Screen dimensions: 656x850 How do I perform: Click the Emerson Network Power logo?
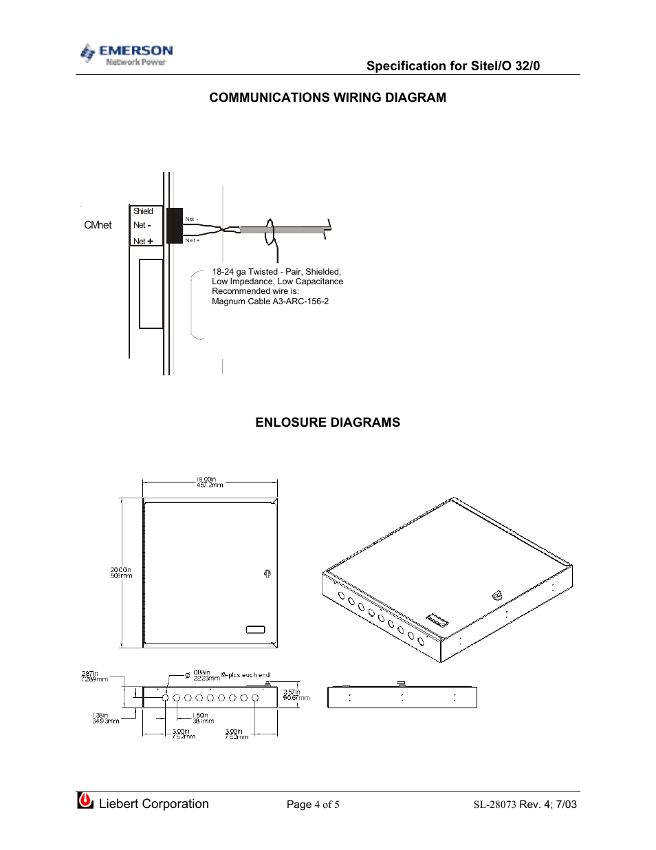point(127,54)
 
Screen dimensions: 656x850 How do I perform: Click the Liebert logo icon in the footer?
point(85,800)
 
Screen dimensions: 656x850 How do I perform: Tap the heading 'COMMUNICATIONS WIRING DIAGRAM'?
point(327,98)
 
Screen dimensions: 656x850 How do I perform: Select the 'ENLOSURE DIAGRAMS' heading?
point(327,423)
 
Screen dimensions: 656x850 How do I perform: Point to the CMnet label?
point(98,225)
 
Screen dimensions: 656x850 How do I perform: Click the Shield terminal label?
point(143,211)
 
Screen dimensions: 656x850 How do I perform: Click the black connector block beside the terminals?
point(175,226)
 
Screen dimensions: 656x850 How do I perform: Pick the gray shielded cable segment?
point(282,230)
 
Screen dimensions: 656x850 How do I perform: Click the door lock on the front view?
point(267,574)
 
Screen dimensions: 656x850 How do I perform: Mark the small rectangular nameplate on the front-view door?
point(255,630)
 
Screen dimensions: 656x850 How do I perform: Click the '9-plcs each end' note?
point(246,675)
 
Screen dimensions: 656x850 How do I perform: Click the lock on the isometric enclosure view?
point(497,596)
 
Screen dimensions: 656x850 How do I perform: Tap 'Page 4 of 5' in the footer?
point(313,805)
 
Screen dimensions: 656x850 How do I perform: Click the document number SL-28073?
point(494,805)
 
